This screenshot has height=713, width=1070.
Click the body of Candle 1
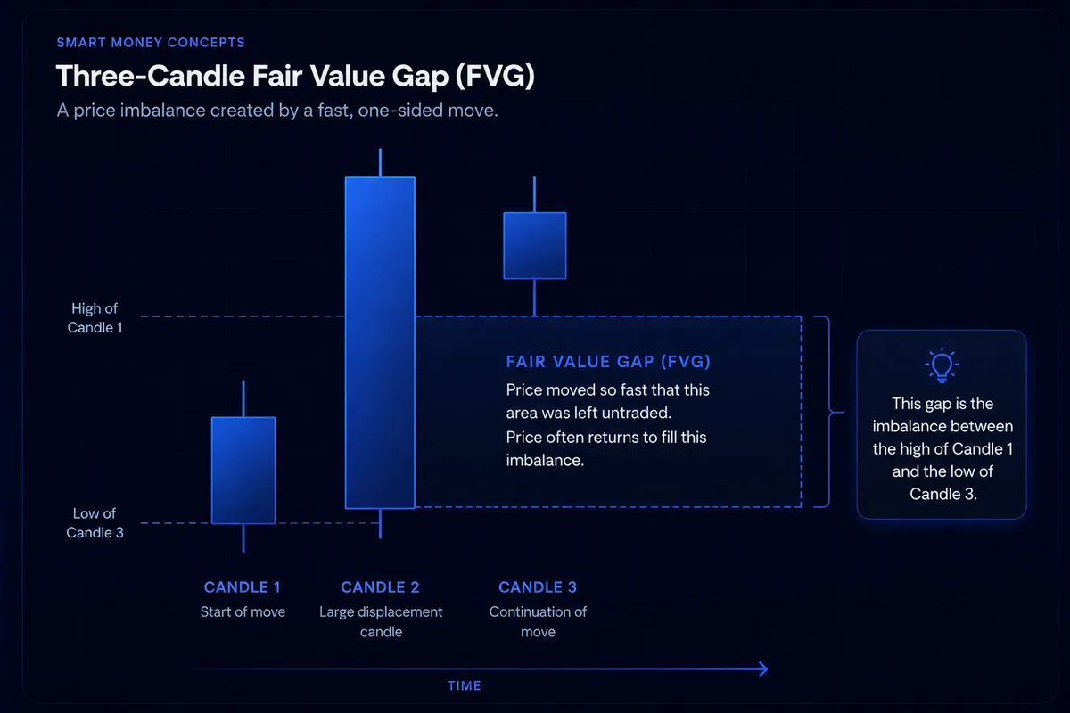243,471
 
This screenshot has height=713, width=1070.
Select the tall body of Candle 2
380,343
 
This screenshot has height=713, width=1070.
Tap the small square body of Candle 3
535,245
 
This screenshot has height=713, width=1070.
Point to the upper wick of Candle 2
380,163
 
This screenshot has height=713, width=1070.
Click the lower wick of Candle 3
534,298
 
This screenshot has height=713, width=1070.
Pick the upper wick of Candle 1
243,398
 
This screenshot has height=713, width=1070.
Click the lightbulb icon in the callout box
942,365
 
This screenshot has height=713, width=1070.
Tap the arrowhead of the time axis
763,668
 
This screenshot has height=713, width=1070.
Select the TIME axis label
465,685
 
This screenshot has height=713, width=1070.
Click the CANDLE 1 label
243,587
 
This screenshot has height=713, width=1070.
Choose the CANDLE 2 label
380,587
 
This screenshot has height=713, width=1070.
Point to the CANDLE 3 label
538,587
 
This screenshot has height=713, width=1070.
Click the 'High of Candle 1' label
95,318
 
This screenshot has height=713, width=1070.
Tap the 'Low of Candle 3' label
95,523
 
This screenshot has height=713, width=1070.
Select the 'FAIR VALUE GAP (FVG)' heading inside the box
608,362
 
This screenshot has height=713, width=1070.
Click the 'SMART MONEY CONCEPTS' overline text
151,43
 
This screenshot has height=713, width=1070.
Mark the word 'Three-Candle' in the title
150,76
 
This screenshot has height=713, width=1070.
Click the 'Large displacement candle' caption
381,622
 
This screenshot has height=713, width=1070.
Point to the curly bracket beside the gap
828,412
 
